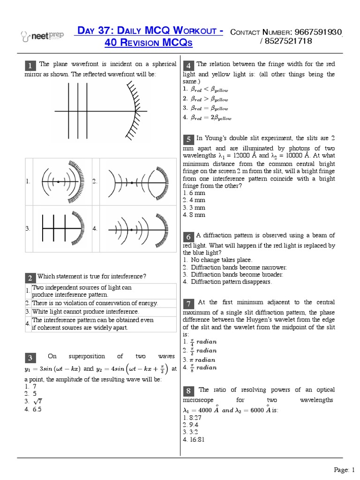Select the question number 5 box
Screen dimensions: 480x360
click(188, 139)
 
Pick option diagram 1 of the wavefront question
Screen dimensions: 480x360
click(62, 180)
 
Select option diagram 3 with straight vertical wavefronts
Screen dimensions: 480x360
click(62, 228)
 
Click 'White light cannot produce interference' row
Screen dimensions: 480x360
click(85, 311)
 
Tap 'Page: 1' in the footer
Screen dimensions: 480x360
click(345, 469)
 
